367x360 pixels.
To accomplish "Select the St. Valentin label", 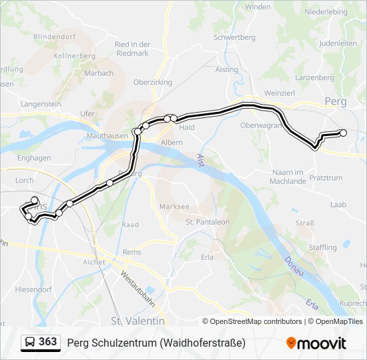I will [x=137, y=321].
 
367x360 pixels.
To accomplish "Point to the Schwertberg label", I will [x=231, y=37].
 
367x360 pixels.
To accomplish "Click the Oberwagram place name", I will [x=261, y=125].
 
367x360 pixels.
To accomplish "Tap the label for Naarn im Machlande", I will [x=288, y=177].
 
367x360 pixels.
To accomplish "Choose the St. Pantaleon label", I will [x=208, y=222].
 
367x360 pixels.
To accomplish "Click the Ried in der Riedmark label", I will [x=131, y=49].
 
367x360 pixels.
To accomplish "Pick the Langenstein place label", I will [x=41, y=104].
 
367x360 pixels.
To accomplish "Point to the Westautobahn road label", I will [x=138, y=288].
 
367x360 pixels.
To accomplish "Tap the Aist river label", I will [x=201, y=161].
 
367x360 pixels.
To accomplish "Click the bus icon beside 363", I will [x=31, y=342].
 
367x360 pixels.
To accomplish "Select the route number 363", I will [x=49, y=342].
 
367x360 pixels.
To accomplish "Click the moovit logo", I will [x=316, y=343].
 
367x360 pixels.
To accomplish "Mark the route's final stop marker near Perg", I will [x=344, y=133].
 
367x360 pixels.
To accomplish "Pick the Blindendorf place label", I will [x=55, y=37].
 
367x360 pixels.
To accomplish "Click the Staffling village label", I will [x=324, y=247].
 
